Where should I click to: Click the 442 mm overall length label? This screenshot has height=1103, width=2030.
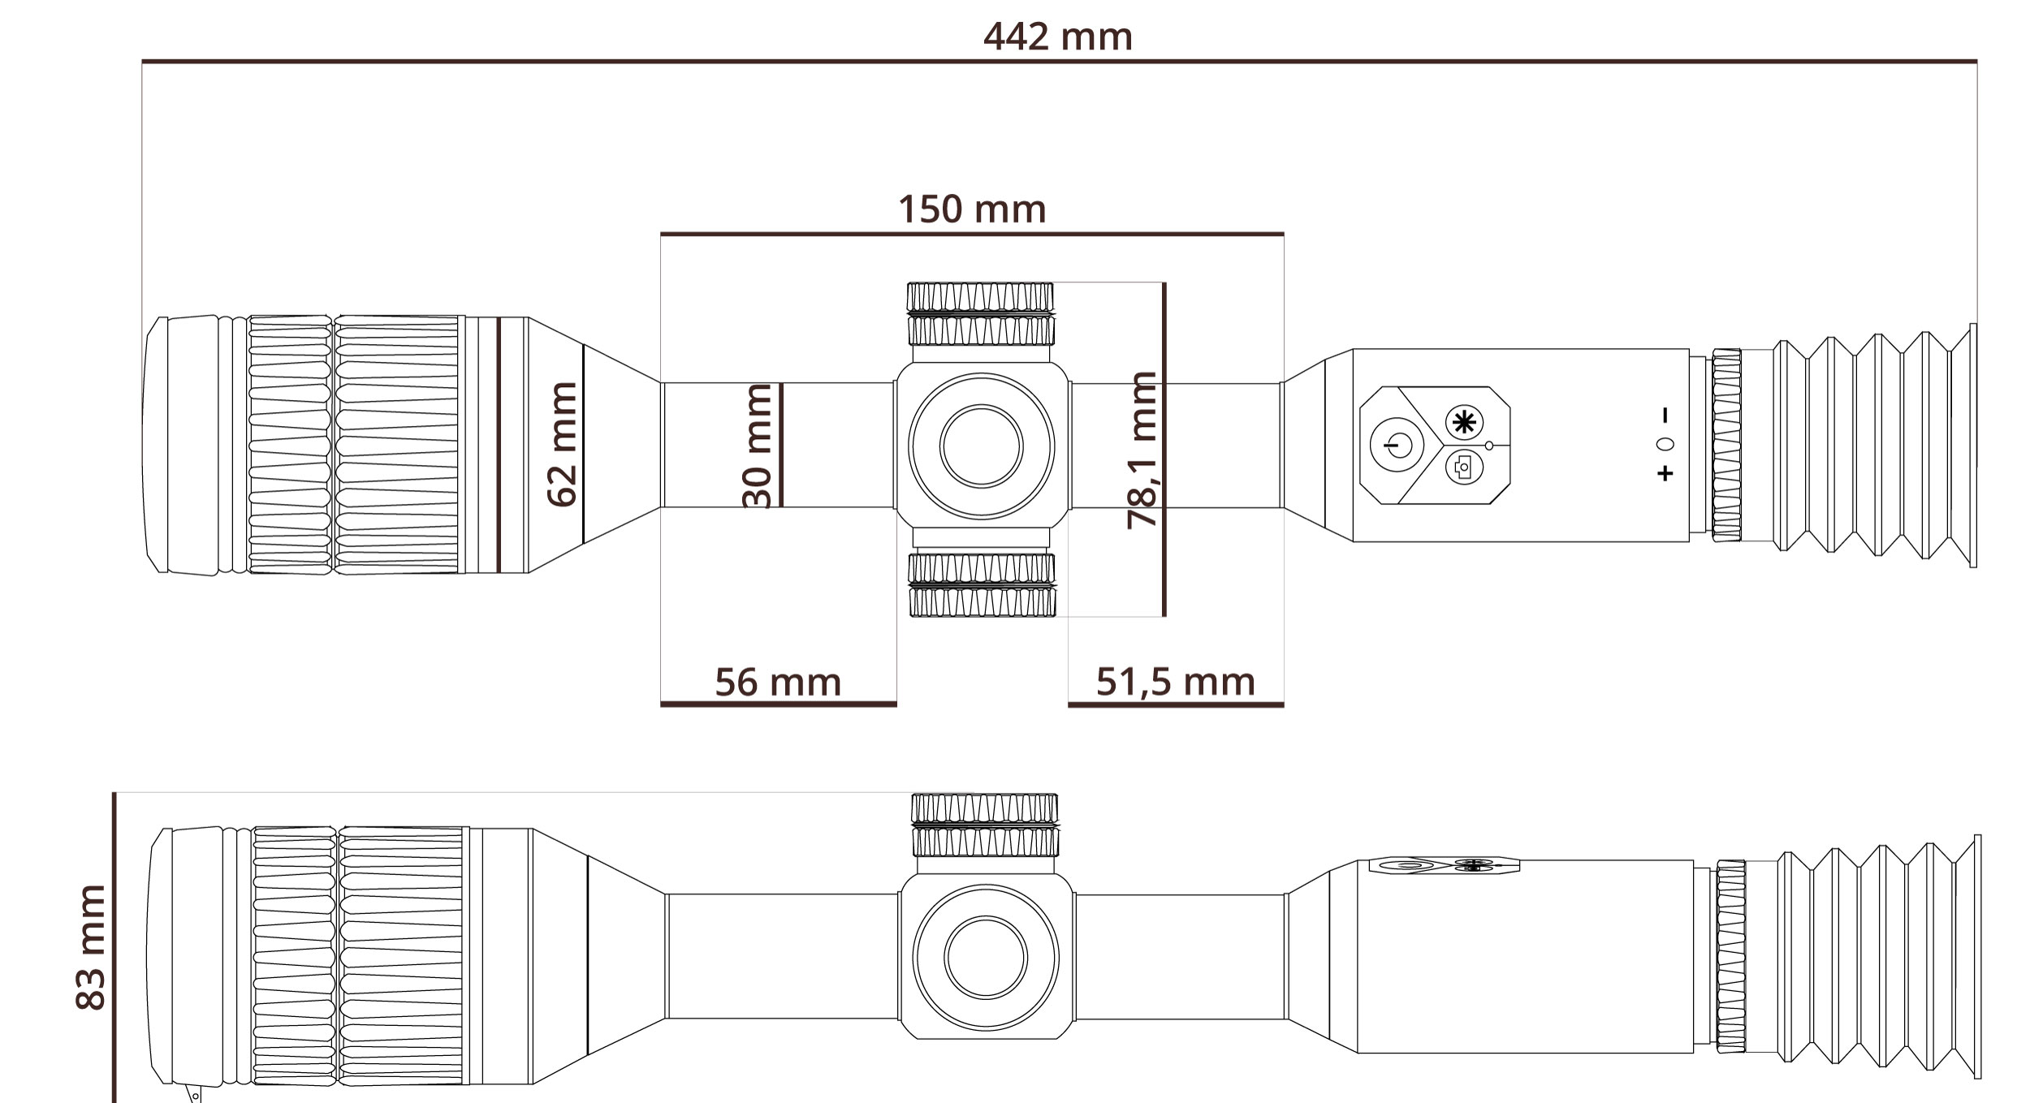pos(1057,37)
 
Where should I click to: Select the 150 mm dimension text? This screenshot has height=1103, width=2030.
pos(972,209)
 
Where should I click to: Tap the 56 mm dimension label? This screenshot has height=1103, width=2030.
pos(778,682)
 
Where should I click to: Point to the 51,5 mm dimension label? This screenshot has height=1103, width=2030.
pos(1175,682)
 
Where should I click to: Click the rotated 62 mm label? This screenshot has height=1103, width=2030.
pos(562,445)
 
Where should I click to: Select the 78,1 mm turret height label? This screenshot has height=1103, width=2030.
pos(1142,450)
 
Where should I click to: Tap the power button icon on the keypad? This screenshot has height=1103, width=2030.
pos(1397,445)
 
